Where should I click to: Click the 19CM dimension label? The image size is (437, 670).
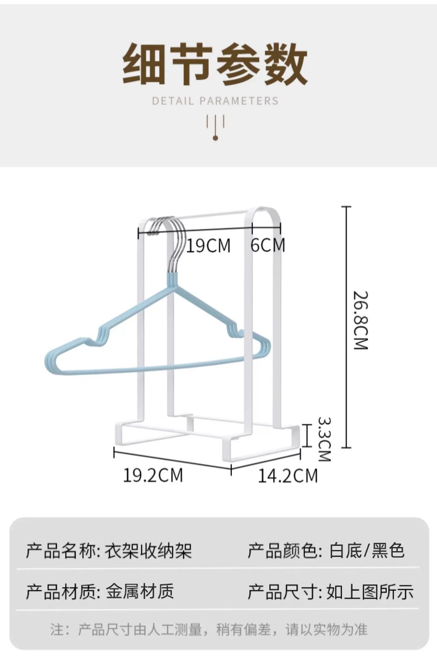(x=209, y=246)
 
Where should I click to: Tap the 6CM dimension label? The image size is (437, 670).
(x=268, y=245)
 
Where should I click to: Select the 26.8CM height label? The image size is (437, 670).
(x=361, y=320)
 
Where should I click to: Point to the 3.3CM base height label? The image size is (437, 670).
(x=324, y=438)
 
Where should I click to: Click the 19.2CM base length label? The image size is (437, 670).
(x=153, y=475)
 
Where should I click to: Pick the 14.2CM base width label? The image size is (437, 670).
(x=288, y=475)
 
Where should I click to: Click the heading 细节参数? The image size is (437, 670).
(x=215, y=64)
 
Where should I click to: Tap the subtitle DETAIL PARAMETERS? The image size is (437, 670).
(x=215, y=101)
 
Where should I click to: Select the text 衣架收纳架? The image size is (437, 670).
(x=149, y=551)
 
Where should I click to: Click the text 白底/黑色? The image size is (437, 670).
(x=366, y=551)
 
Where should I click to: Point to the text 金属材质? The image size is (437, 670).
(x=140, y=592)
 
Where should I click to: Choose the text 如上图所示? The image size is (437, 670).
(x=370, y=592)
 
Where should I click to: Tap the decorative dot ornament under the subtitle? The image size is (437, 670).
(x=215, y=137)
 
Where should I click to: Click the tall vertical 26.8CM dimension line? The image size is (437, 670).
(x=347, y=326)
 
